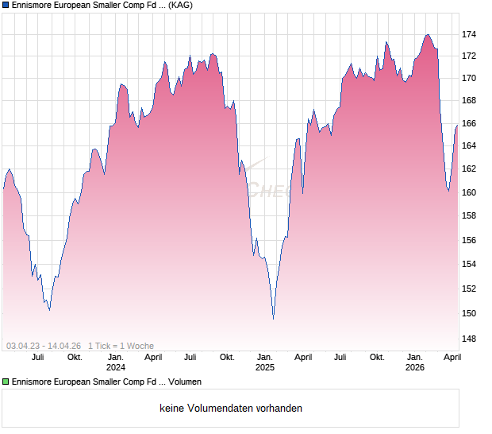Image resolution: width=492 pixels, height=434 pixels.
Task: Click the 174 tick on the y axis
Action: pos(469,34)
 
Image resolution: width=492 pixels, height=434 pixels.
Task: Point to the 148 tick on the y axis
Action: pos(469,339)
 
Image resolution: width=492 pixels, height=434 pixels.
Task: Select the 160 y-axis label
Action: pos(469,192)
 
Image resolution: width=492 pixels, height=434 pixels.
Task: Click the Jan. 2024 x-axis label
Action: pos(116,362)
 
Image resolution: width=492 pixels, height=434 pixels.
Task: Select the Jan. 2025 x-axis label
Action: pos(264,362)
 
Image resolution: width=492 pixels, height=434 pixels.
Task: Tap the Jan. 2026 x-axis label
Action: pos(414,362)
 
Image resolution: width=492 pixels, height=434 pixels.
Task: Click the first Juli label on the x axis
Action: pos(37,358)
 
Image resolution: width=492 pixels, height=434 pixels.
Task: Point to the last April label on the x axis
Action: pos(452,358)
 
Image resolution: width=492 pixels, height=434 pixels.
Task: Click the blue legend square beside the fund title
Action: pos(6,5)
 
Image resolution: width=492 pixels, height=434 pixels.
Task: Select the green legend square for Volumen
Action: pos(6,382)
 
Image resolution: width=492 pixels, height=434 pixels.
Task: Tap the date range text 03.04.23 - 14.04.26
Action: pos(44,346)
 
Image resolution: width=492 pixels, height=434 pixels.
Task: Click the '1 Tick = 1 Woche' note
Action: pos(121,346)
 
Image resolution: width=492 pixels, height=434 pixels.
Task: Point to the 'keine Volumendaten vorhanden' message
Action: pos(230,409)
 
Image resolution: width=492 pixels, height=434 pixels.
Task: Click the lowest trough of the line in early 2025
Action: pos(273,319)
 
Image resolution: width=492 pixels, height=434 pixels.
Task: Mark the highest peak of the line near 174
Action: pos(428,34)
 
